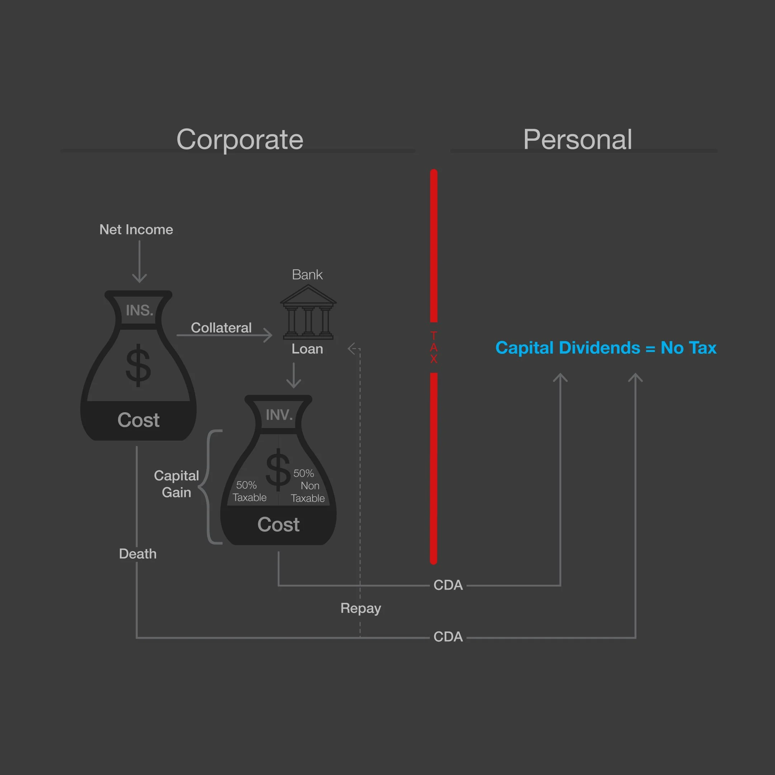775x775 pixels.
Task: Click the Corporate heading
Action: tap(240, 140)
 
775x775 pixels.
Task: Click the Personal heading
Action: tap(577, 140)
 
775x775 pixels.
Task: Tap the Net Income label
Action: tap(136, 230)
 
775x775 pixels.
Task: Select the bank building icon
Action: tap(308, 312)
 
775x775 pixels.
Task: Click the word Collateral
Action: tap(221, 328)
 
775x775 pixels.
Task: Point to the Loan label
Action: tap(307, 349)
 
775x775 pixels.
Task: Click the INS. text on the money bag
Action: tap(139, 310)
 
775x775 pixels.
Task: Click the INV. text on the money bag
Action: tap(279, 415)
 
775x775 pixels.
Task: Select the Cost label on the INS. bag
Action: tap(138, 420)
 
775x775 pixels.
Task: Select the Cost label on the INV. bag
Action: tap(278, 525)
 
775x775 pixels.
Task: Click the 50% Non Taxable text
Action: tap(308, 486)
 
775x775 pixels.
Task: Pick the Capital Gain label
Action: tap(177, 484)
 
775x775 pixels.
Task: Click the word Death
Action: tap(137, 554)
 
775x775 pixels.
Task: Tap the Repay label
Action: tap(361, 609)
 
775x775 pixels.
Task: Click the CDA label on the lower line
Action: tap(448, 637)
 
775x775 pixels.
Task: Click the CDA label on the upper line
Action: tap(448, 585)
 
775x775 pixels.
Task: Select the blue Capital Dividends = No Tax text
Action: tap(606, 348)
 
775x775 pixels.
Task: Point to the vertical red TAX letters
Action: tap(434, 347)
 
